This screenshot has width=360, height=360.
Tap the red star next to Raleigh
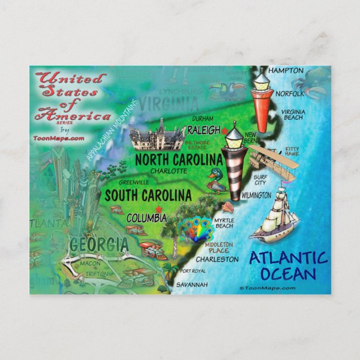pos(225,131)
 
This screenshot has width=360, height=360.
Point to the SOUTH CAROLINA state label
pos(148,196)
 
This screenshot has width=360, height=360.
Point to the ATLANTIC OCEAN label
pos(287,266)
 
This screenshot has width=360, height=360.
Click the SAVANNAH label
pos(192,285)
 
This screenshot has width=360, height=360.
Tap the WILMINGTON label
pos(256,195)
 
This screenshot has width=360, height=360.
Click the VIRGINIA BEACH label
pos(292,115)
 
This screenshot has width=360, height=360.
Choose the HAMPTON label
pos(286,71)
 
